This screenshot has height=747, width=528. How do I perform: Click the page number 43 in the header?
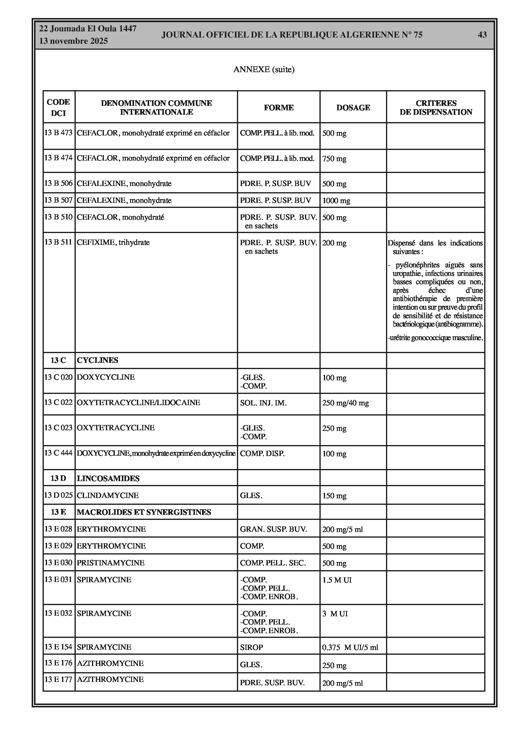(482, 35)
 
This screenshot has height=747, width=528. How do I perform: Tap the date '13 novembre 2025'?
(73, 41)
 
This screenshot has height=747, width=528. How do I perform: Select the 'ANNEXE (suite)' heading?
(264, 69)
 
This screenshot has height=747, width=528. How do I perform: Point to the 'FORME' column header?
(279, 108)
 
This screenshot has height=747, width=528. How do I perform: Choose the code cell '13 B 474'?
(59, 158)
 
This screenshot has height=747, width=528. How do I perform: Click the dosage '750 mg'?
(334, 159)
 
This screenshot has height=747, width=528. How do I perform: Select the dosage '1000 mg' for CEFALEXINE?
(336, 201)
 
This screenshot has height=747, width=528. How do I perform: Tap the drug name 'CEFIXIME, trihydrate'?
(113, 242)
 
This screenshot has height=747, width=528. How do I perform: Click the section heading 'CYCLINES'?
(98, 360)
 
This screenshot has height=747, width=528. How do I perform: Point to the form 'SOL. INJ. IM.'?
(263, 403)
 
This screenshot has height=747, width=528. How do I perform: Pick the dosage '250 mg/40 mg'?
(345, 403)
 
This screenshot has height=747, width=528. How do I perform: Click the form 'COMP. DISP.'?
(262, 454)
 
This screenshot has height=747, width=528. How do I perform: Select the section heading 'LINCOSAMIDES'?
(108, 478)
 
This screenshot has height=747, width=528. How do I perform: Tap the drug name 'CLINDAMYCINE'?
(108, 496)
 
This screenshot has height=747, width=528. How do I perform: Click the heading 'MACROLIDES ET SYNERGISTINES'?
(144, 512)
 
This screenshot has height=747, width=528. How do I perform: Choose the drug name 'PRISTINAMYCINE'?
(111, 563)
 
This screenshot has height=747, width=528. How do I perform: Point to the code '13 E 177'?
(59, 679)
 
